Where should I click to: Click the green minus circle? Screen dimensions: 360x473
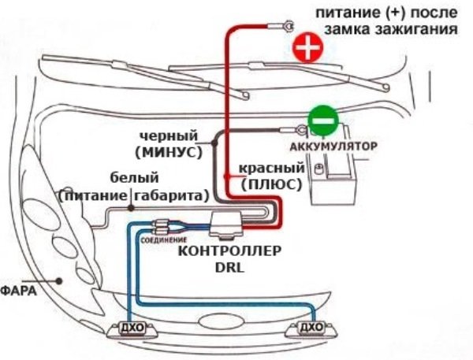(322, 121)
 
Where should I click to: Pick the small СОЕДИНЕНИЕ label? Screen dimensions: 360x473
(164, 238)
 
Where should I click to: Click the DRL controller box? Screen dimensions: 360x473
(230, 223)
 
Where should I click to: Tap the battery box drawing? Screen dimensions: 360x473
(336, 182)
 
